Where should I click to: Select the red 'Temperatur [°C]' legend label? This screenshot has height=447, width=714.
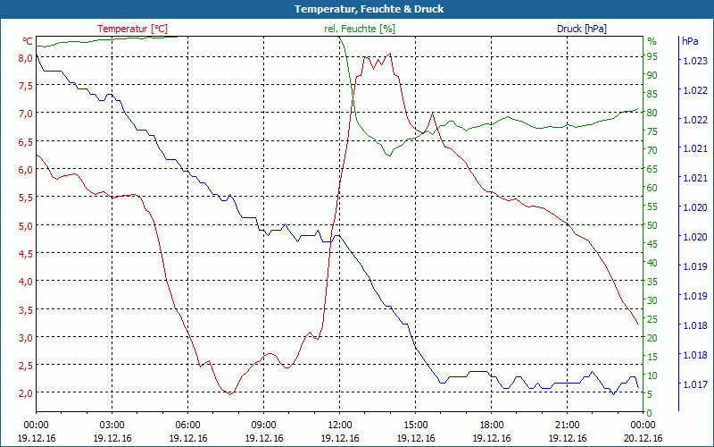(132, 29)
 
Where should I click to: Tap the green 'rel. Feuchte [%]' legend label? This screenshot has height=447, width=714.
(360, 29)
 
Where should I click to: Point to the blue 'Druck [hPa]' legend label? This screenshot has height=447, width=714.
(581, 29)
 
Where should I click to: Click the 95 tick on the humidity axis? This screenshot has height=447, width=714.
(652, 57)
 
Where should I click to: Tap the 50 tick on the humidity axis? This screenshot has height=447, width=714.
(652, 225)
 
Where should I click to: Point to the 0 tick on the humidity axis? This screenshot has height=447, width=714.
(650, 412)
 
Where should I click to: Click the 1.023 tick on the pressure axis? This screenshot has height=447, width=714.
(695, 61)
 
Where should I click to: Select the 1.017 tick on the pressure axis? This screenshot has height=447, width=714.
(695, 384)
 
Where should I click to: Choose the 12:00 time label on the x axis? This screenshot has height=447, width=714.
(339, 425)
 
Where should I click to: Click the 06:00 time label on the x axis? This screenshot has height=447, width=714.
(187, 425)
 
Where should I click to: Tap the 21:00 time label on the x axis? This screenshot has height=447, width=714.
(567, 425)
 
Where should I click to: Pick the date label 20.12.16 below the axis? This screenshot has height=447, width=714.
(643, 438)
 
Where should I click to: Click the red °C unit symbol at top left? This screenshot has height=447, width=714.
(28, 41)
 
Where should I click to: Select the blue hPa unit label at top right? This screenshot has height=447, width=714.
(690, 41)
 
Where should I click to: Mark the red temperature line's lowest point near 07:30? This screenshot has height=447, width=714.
(230, 393)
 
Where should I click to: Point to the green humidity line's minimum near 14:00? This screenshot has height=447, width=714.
(388, 156)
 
